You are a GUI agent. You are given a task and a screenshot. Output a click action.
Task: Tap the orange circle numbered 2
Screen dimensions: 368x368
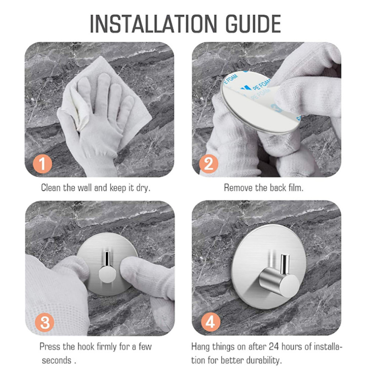pyautogui.click(x=209, y=163)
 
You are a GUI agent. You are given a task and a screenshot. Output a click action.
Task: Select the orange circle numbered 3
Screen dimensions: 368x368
pyautogui.click(x=44, y=322)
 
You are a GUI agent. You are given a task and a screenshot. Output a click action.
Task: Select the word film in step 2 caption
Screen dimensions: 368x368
pyautogui.click(x=295, y=188)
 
